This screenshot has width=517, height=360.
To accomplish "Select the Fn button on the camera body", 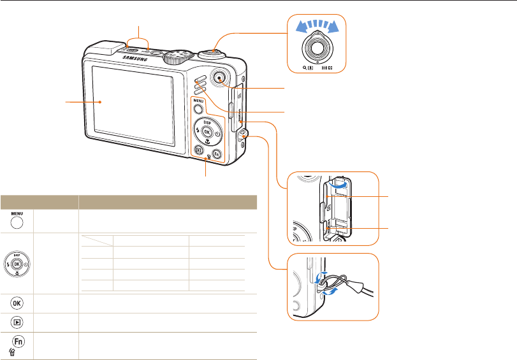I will (217, 154).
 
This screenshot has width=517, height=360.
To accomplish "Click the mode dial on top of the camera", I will (174, 57).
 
